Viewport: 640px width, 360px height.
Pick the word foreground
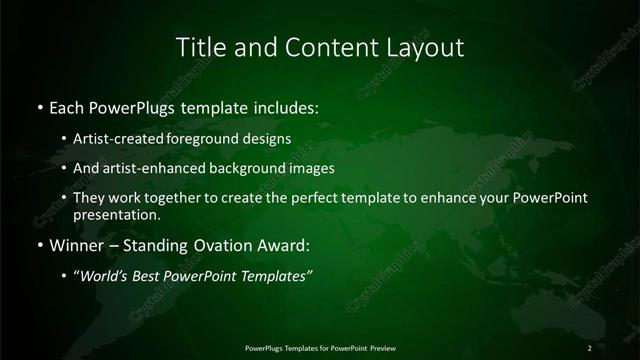coord(213,139)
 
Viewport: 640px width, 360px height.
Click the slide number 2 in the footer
coord(590,348)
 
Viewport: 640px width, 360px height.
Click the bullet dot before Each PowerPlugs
coord(39,106)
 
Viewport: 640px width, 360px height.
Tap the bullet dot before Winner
coord(39,244)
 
